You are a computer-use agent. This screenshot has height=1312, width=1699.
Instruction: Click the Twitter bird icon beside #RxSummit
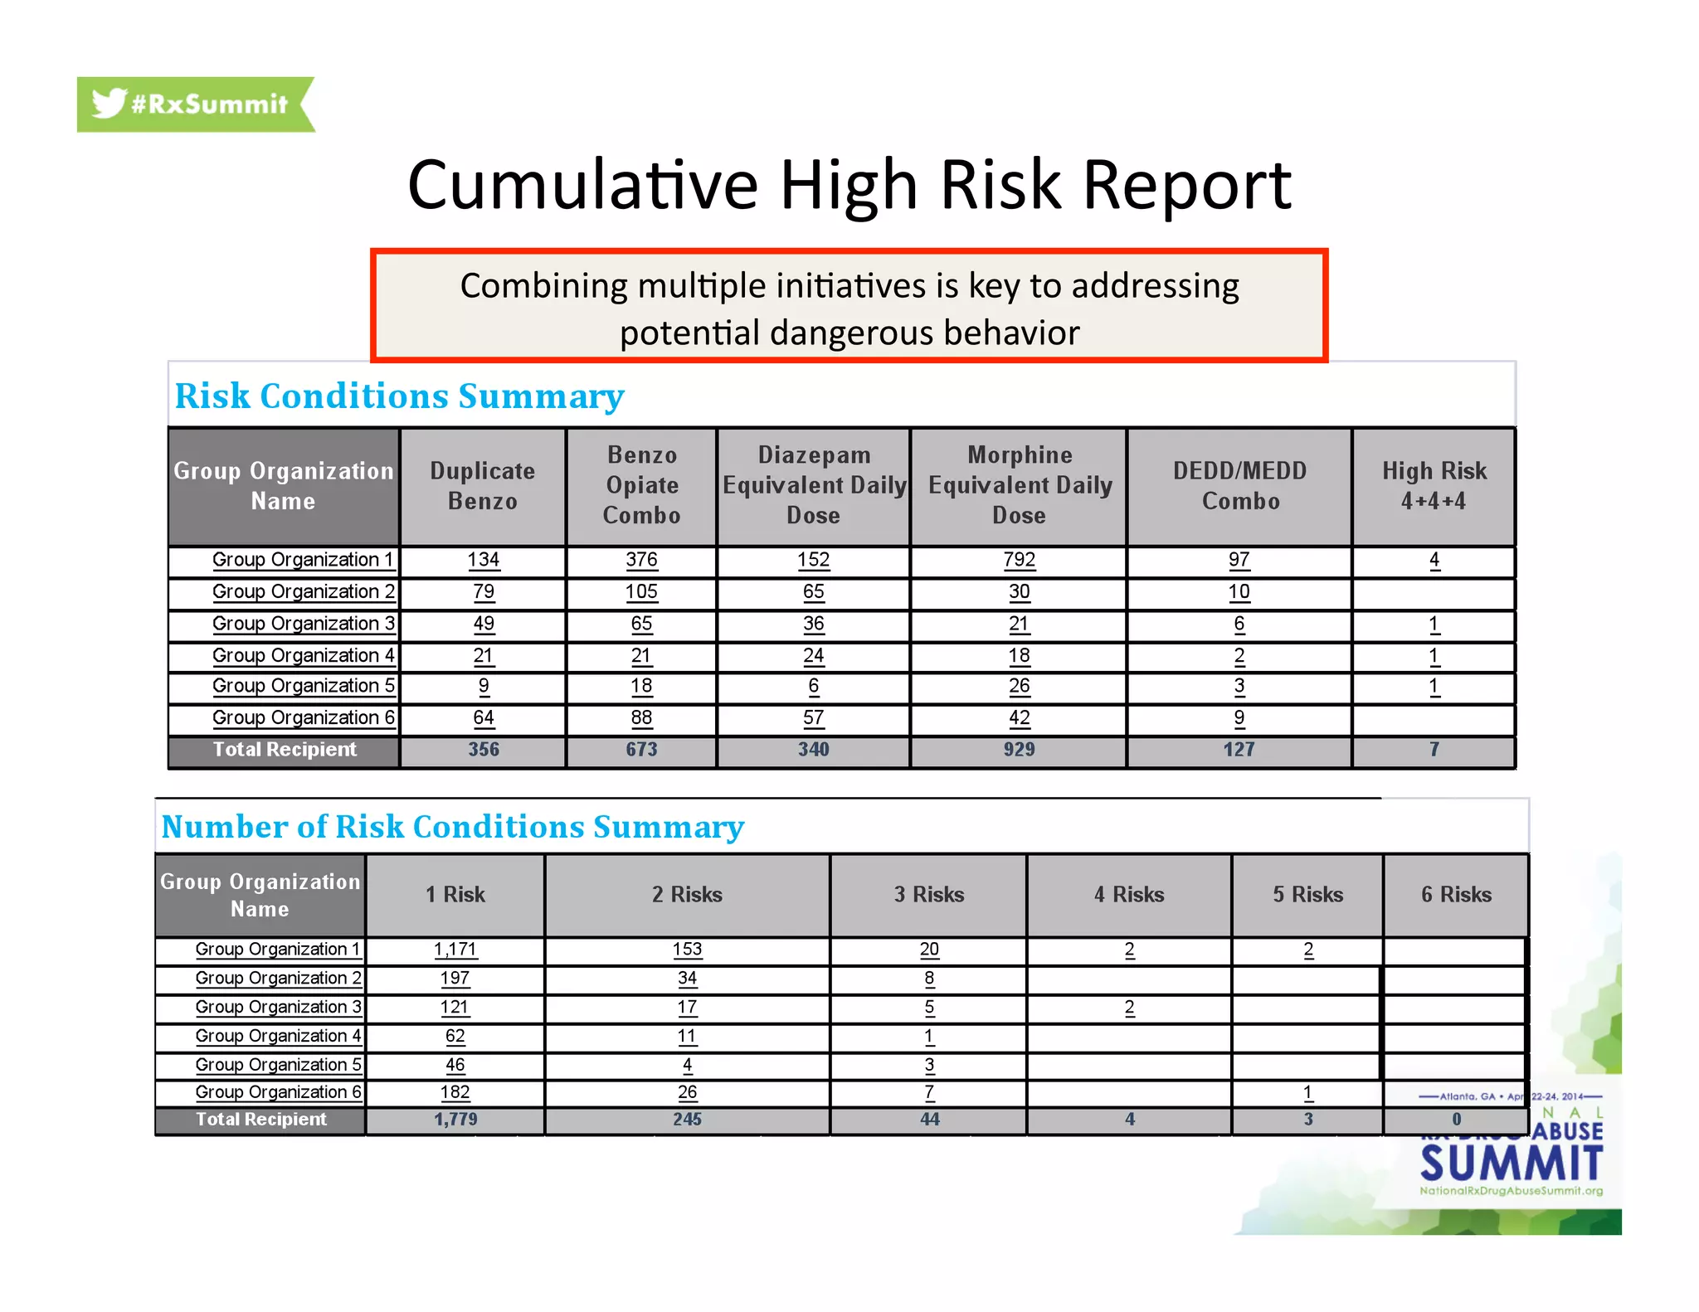(x=109, y=104)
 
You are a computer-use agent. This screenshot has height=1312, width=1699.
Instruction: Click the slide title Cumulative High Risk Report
(x=849, y=184)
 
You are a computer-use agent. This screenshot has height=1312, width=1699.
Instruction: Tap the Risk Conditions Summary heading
(x=399, y=396)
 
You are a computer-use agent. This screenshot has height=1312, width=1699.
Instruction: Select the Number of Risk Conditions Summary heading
(x=452, y=827)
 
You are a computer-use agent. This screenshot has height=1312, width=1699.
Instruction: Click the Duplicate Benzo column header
(x=483, y=486)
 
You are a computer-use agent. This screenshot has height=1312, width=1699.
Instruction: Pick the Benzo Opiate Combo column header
(x=641, y=486)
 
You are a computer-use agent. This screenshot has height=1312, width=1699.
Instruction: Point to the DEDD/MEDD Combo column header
(x=1239, y=486)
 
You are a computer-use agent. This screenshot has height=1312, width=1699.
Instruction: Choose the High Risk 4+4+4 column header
(x=1434, y=486)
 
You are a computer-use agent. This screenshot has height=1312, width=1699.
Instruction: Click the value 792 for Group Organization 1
(x=1019, y=560)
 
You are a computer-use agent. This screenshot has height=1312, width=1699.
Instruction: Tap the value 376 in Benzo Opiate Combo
(x=641, y=560)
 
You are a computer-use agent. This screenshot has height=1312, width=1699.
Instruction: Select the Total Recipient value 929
(x=1019, y=750)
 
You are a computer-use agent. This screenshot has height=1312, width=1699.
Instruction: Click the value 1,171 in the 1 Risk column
(x=455, y=950)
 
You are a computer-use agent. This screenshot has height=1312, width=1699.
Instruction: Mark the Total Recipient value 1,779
(x=455, y=1120)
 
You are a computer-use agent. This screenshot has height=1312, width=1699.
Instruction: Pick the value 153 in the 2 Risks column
(x=687, y=950)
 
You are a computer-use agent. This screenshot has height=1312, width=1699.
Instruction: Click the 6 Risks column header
(x=1456, y=895)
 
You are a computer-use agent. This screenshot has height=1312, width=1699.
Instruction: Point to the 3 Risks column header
(x=929, y=895)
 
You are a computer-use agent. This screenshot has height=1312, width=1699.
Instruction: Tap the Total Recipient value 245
(x=687, y=1120)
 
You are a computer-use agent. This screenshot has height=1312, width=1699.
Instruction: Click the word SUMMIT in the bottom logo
(x=1512, y=1164)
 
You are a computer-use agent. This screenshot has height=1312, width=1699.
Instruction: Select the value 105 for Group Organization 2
(x=641, y=592)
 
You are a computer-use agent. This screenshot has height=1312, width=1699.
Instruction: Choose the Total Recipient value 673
(x=641, y=750)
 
